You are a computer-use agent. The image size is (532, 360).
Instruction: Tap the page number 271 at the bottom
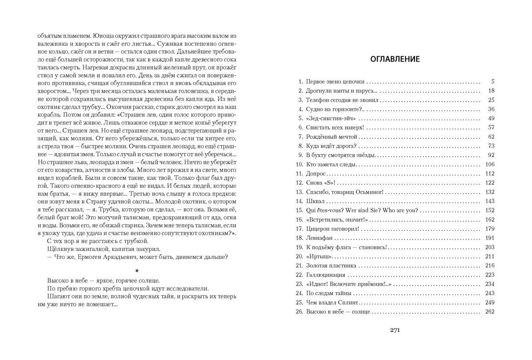[x=395, y=329]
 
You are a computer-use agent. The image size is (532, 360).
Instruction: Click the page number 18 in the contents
[x=490, y=91]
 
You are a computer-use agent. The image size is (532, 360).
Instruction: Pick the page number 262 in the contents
[x=489, y=312]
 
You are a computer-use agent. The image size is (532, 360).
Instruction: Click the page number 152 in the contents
[x=489, y=210]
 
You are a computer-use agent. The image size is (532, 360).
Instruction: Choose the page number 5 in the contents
[x=492, y=82]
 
